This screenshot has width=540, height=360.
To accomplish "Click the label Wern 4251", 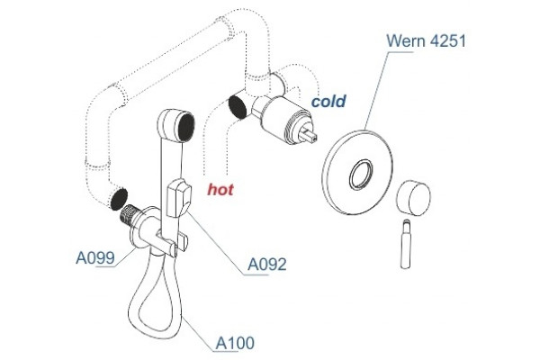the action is coord(426,40).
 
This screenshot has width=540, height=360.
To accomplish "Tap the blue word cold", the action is coord(328,102).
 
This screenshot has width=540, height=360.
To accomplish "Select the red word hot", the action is coord(220,189).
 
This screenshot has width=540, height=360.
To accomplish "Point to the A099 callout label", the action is coord(95,257).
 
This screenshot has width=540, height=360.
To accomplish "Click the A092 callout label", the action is coord(267,265).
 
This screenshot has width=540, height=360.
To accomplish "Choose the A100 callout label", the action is coord(235,343).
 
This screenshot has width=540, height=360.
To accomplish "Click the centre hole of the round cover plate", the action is coord(361,175).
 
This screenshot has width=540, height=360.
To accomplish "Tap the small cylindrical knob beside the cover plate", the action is coord(413,198).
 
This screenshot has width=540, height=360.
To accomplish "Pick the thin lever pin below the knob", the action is coord(406,244).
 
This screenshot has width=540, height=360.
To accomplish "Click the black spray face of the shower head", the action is coord(186,127).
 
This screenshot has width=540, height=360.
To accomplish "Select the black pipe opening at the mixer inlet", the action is coord(238,106).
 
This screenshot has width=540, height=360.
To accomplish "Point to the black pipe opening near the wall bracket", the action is coord(119,199).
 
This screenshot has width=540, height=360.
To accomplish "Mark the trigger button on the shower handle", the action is coord(179,199).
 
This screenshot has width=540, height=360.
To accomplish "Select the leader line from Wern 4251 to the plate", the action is coord(377,91).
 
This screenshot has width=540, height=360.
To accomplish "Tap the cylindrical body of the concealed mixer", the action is coord(282,117).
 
